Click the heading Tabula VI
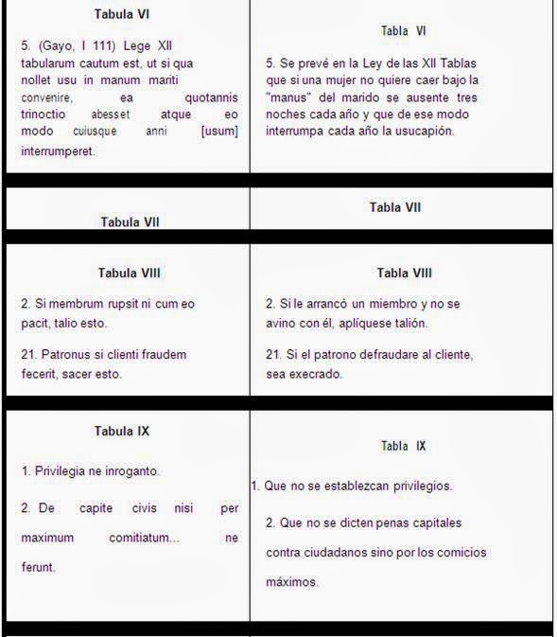(x=122, y=14)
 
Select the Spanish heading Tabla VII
(x=395, y=206)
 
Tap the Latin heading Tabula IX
(x=122, y=431)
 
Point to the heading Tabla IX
(x=403, y=445)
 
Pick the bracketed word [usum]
(x=219, y=132)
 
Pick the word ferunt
(x=39, y=567)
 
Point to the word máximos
(x=292, y=582)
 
